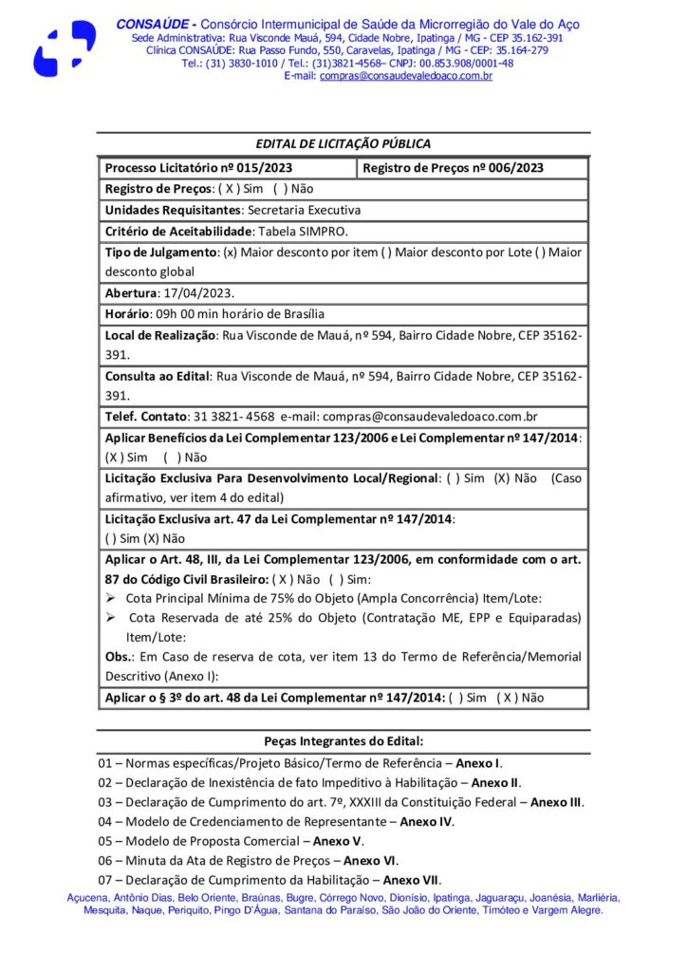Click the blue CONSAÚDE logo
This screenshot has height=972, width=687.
(x=65, y=47)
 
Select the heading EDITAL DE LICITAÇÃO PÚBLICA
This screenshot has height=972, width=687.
(x=343, y=143)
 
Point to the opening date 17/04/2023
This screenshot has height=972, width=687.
(x=198, y=293)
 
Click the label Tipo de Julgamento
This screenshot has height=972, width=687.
(x=161, y=252)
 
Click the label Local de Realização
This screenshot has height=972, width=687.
(x=160, y=334)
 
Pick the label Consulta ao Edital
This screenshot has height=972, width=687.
(x=157, y=376)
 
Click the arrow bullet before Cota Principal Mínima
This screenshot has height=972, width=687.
(x=110, y=598)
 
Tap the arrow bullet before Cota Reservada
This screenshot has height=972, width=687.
(x=110, y=618)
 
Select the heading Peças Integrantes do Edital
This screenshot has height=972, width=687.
(x=343, y=740)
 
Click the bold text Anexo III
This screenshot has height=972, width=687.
(x=556, y=802)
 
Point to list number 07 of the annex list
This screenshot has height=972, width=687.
(x=105, y=880)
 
